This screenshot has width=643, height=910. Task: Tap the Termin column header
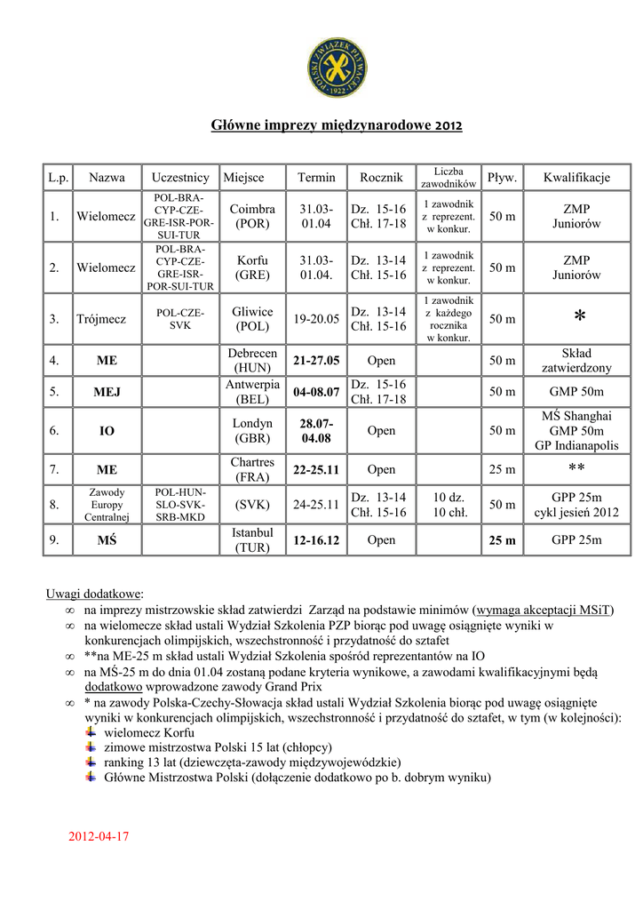316,178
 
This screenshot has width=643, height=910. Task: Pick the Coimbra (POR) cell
253,216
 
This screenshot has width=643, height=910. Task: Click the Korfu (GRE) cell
253,267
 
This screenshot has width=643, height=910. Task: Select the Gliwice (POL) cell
253,319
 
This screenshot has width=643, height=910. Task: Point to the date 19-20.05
316,319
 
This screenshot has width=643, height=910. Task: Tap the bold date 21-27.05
316,361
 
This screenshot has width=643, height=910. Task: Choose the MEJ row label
107,392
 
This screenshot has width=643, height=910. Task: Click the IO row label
107,431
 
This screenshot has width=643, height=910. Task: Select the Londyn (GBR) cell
253,431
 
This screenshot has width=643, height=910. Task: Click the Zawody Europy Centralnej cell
107,505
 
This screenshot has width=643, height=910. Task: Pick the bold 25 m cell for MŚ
502,540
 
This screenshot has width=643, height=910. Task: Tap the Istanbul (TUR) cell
253,540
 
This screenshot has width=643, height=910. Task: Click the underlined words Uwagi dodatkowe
94,594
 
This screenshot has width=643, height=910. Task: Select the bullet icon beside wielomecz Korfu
91,731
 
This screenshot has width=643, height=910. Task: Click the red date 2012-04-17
99,836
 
